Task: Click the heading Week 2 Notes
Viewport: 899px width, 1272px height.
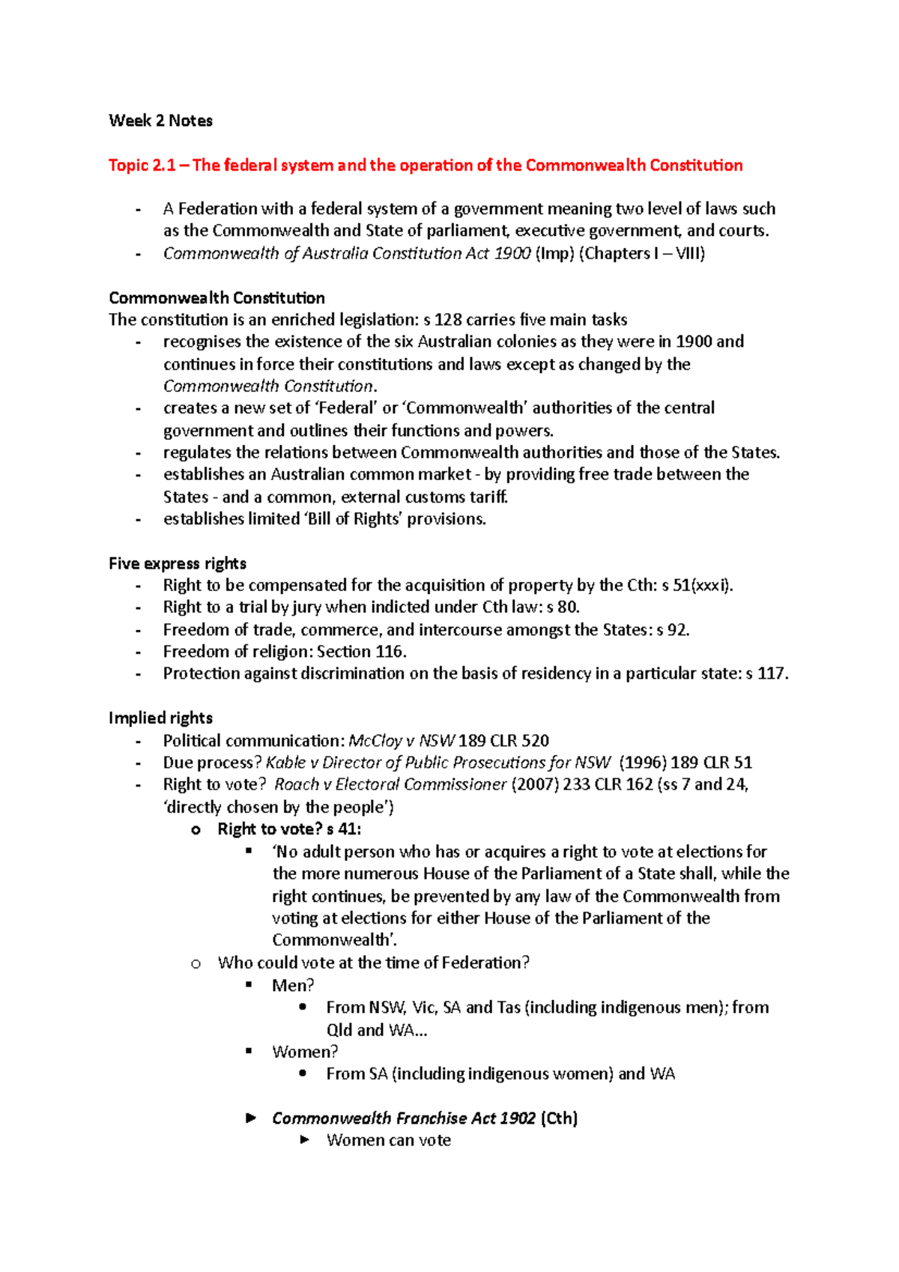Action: pos(160,121)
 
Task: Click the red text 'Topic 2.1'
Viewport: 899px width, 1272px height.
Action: pos(142,166)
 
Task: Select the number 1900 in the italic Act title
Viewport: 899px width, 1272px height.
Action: pos(512,253)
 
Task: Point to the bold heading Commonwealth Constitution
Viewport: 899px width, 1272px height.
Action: pos(217,298)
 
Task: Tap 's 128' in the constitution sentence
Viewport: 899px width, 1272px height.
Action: pos(443,320)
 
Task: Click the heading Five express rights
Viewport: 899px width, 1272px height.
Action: pos(178,563)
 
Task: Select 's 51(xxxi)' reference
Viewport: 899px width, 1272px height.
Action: pos(697,585)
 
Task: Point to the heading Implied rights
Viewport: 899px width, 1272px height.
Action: pos(160,718)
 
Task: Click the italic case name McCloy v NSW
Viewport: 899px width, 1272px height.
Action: pos(402,741)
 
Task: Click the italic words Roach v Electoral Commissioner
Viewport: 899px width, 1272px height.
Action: pos(390,784)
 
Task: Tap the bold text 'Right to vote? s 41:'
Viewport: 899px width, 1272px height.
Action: pos(289,829)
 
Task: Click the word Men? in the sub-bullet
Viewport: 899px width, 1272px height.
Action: pos(293,985)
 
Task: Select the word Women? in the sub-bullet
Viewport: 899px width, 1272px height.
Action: pos(305,1052)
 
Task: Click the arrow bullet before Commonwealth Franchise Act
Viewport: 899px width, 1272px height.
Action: pos(251,1118)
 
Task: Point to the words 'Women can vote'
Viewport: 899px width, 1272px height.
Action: pos(389,1140)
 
